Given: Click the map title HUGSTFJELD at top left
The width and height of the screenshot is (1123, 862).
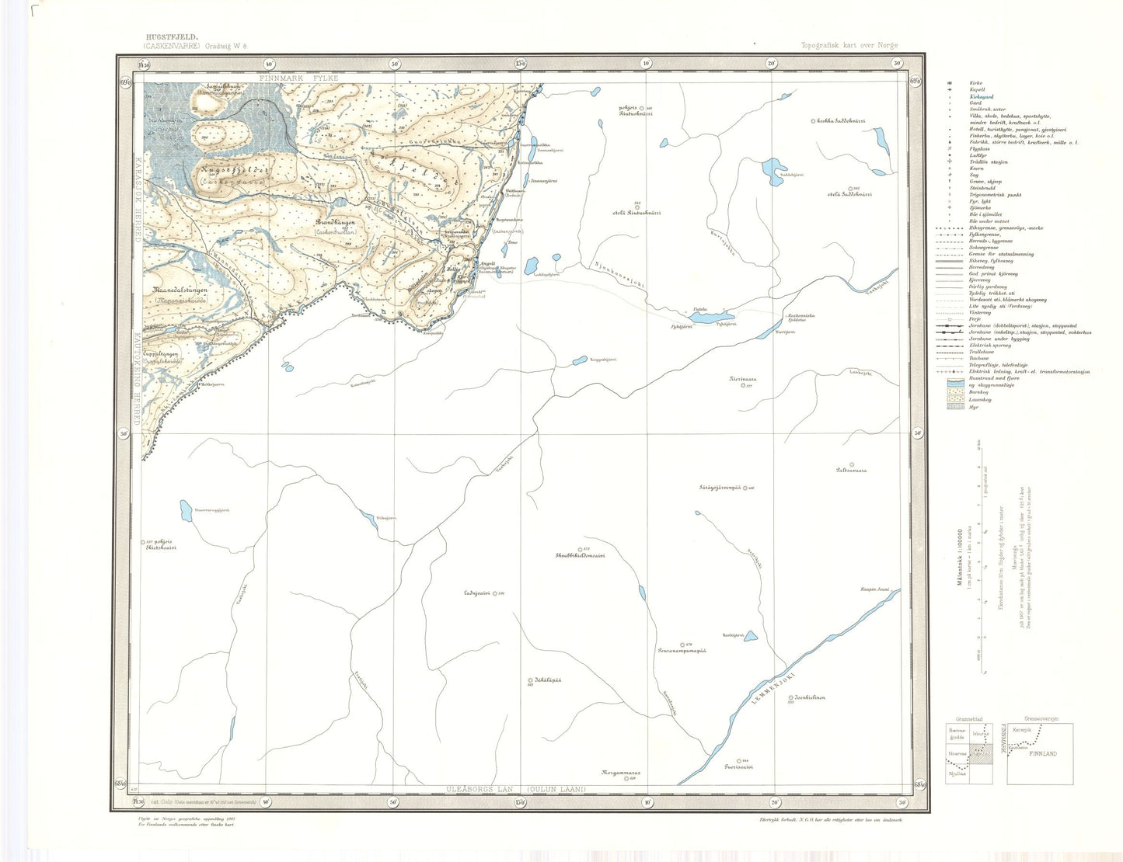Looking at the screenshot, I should click(171, 36).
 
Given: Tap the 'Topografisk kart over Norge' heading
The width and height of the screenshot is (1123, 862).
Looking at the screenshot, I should click(849, 46).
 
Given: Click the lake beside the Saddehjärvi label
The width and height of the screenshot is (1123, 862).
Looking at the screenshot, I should click(772, 167).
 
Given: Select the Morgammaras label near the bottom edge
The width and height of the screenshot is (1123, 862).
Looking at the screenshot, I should click(619, 773).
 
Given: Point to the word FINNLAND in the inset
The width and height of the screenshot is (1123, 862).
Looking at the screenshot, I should click(1043, 754).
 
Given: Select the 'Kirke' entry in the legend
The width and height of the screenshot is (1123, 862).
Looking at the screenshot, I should click(975, 83).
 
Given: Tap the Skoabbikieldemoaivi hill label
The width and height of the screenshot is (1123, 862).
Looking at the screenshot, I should click(580, 555).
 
